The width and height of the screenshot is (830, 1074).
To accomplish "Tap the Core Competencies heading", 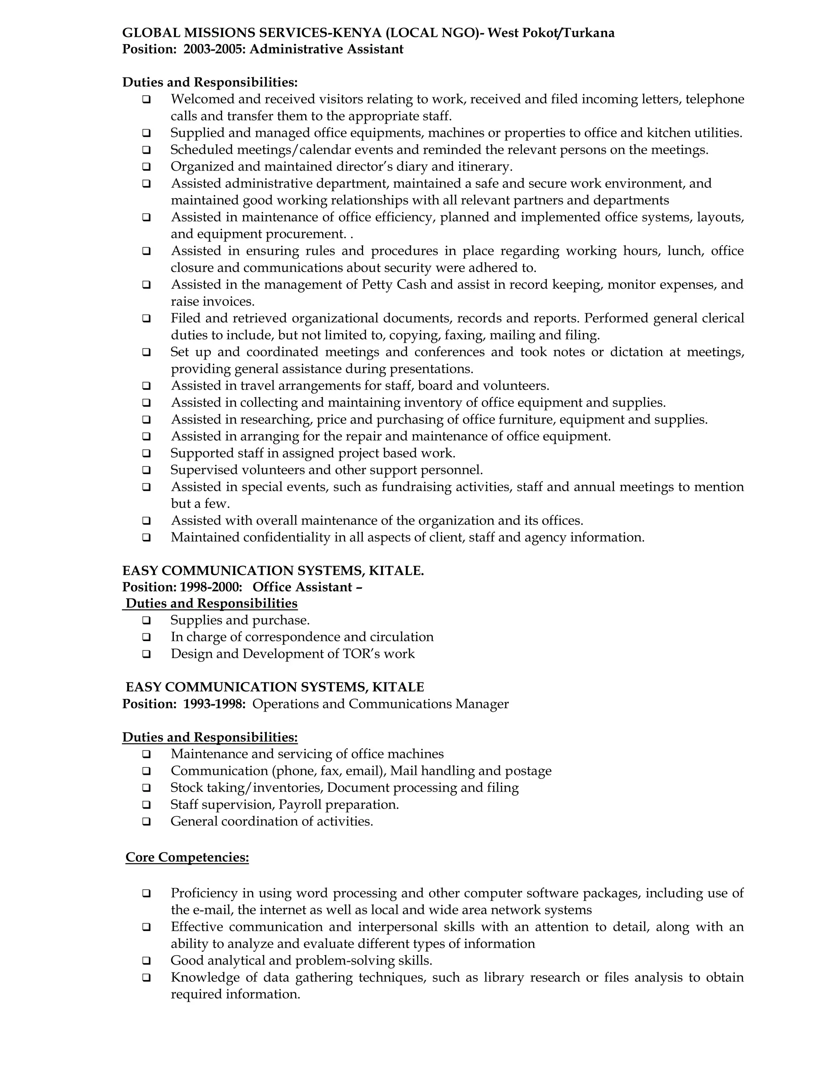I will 187,857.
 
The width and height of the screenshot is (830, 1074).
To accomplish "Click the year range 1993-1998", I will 214,704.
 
